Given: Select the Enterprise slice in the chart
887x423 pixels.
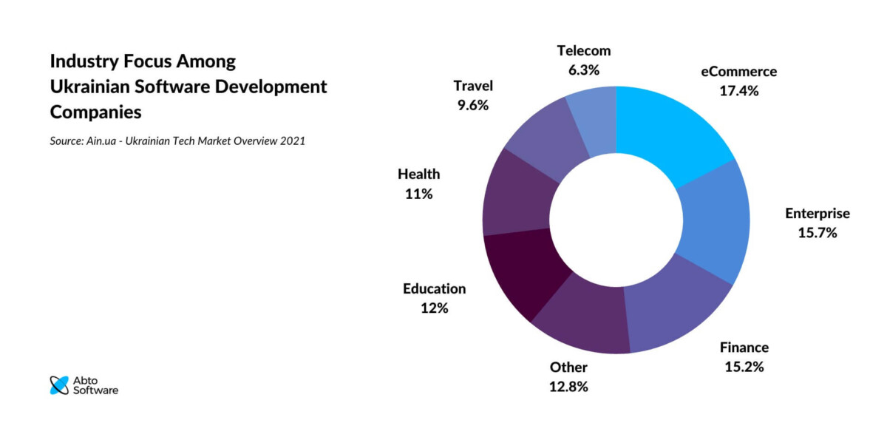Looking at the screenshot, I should coord(713,222).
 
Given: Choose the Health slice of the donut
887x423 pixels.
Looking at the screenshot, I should coord(517,200).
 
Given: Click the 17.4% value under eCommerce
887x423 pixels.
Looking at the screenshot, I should coord(738,91).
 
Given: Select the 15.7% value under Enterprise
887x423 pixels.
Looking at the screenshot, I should coord(817,233).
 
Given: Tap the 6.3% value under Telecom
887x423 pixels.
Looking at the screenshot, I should coord(584,70).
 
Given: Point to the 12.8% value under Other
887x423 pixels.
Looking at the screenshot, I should coord(568,387).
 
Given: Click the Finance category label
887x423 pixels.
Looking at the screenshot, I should coord(744,347).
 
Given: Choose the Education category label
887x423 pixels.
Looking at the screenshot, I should coord(435,288).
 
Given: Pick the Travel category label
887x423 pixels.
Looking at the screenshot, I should coord(473,86).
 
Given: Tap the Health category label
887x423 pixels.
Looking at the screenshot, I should coord(418,175).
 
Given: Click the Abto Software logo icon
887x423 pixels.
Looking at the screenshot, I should coord(58,385).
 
